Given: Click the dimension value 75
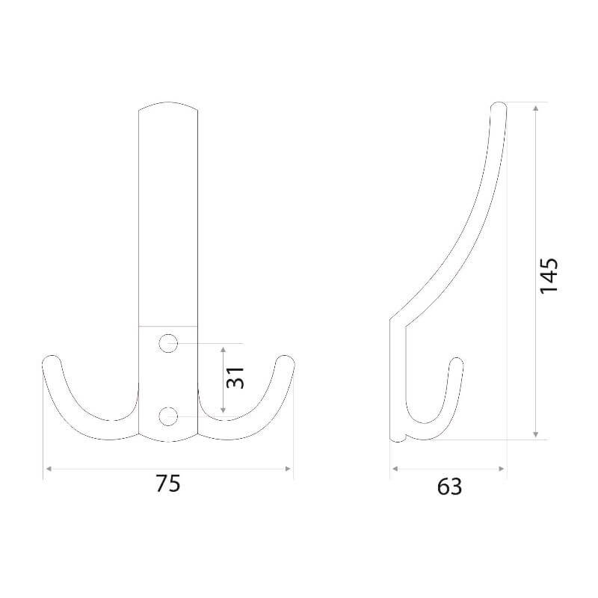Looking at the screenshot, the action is pos(167,484).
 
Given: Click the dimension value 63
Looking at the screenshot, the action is pos(449,487).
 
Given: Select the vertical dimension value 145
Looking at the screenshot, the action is pos(549,276).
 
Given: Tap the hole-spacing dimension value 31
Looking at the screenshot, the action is pos(235,377).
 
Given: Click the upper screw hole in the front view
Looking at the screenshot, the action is pos(168,343).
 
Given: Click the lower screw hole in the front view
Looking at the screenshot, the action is pos(168,416).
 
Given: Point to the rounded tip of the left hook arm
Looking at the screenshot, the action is pos(51,359).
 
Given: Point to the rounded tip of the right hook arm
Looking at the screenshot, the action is pos(285,359).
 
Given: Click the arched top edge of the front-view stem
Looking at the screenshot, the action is pos(168,103).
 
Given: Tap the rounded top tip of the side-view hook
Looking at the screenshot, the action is pos(499,104).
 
